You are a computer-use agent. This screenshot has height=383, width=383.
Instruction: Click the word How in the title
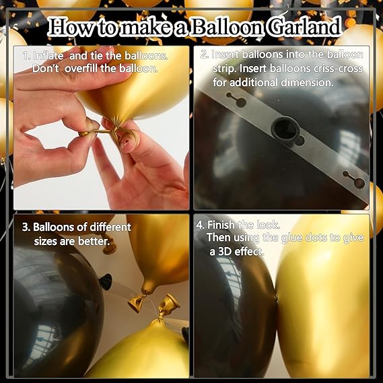(70, 27)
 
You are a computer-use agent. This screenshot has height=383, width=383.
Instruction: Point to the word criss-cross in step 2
(338, 69)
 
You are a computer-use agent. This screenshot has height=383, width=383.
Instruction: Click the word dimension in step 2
(307, 83)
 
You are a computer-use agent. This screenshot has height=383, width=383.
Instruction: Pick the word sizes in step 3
(45, 242)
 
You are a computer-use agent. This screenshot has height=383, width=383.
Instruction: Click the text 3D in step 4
(223, 252)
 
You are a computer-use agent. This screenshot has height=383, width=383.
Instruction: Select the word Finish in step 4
(221, 225)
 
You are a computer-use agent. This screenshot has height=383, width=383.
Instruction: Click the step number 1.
(26, 56)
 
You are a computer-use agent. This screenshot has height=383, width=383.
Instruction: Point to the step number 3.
(26, 228)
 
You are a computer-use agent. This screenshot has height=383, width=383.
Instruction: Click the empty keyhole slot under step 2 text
(236, 100)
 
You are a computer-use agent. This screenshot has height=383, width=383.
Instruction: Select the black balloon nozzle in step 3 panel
(106, 281)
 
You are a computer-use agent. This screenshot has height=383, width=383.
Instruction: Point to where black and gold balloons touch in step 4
(277, 300)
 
